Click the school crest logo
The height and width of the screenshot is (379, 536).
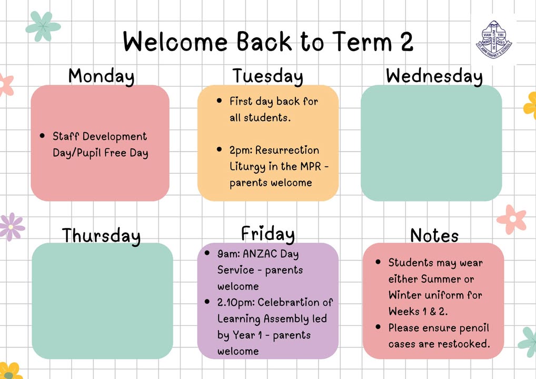494,39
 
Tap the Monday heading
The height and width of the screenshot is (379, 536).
101,76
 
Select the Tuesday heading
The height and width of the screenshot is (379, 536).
267,76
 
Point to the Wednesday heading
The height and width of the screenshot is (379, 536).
434,76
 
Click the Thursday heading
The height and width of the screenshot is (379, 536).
101,235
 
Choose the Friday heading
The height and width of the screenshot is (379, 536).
267,234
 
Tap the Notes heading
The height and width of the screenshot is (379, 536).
434,235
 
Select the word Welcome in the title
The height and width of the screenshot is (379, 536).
175,42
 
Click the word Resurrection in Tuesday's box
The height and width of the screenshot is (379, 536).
287,150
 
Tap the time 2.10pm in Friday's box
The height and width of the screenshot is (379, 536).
236,303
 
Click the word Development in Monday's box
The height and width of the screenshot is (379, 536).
114,137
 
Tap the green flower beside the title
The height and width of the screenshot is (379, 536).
43,26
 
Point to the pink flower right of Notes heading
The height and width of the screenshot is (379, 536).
512,220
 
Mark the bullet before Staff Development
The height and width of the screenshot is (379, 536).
42,136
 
